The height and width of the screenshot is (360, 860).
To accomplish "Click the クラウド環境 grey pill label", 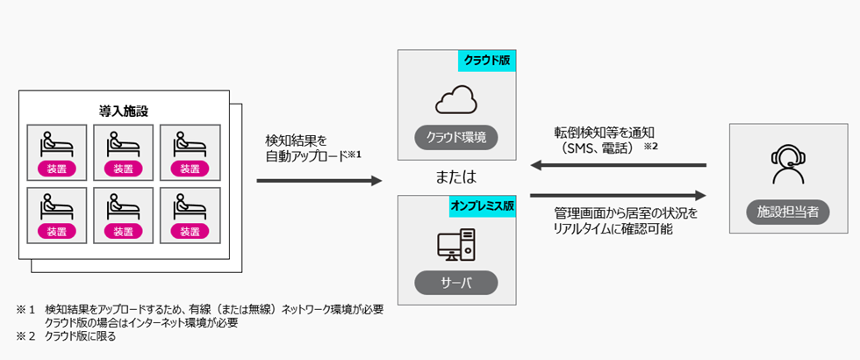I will tap(455, 139).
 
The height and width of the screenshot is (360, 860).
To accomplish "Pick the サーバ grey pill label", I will tap(455, 284).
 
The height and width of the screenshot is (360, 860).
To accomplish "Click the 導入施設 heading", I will tap(123, 111).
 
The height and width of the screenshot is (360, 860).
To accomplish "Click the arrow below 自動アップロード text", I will tap(319, 181).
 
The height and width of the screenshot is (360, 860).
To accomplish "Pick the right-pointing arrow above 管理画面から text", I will tap(619, 196).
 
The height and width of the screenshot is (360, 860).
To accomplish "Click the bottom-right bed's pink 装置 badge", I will tap(189, 231).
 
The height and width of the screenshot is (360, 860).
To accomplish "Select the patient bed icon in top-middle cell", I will tap(123, 142).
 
